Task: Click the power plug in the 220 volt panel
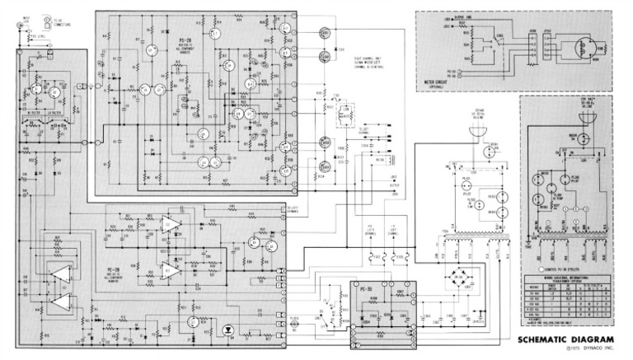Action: pyautogui.click(x=588, y=118)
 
